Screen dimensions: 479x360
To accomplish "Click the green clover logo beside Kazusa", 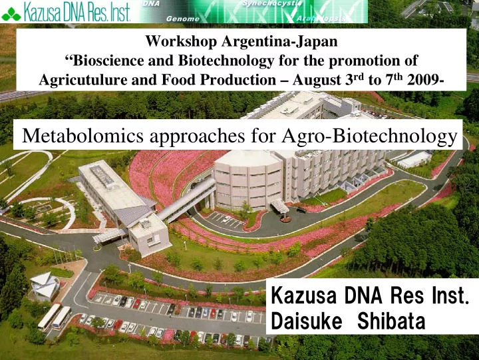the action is click(x=11, y=14).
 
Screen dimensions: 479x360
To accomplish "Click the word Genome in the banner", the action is click(x=183, y=19).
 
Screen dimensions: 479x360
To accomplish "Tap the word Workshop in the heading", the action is click(x=181, y=41).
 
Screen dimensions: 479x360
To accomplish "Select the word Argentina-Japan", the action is click(x=279, y=41).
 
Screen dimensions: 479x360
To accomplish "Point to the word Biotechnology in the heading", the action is click(x=226, y=61).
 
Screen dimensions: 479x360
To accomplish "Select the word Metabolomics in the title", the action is click(x=82, y=135).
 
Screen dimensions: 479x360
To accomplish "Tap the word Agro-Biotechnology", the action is click(x=369, y=136).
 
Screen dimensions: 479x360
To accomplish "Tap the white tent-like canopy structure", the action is click(x=45, y=285).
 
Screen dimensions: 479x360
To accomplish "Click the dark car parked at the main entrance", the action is click(x=301, y=210).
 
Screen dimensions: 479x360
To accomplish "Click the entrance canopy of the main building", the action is click(x=280, y=206).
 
